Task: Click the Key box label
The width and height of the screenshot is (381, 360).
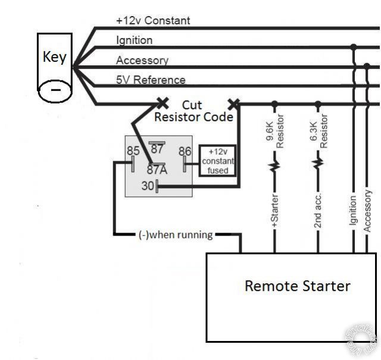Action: (x=54, y=58)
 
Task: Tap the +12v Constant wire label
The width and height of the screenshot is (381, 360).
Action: (x=153, y=20)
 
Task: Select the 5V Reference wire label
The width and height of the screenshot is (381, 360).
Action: (x=151, y=79)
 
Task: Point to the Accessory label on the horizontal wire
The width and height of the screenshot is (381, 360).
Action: (x=142, y=60)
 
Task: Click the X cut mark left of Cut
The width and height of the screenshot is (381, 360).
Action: (x=162, y=102)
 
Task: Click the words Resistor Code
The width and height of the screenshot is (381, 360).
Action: (x=193, y=117)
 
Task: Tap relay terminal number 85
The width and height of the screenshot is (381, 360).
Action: (x=133, y=151)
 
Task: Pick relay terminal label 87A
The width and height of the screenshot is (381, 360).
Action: (x=157, y=169)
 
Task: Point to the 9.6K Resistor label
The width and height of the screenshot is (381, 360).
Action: (x=274, y=133)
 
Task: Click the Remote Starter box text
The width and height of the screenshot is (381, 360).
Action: (x=297, y=286)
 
